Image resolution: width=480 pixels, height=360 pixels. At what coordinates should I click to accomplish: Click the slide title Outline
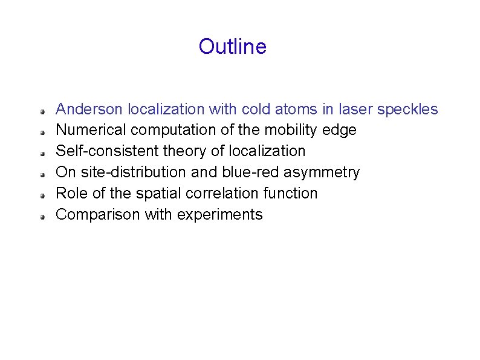(x=232, y=47)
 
